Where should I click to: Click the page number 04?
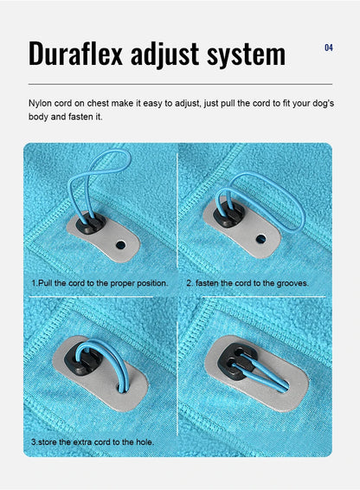(x=329, y=48)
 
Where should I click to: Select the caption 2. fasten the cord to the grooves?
(x=247, y=283)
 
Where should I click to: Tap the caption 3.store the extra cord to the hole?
(x=93, y=442)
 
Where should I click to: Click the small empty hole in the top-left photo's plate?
(x=119, y=245)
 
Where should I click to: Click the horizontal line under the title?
(x=180, y=84)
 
